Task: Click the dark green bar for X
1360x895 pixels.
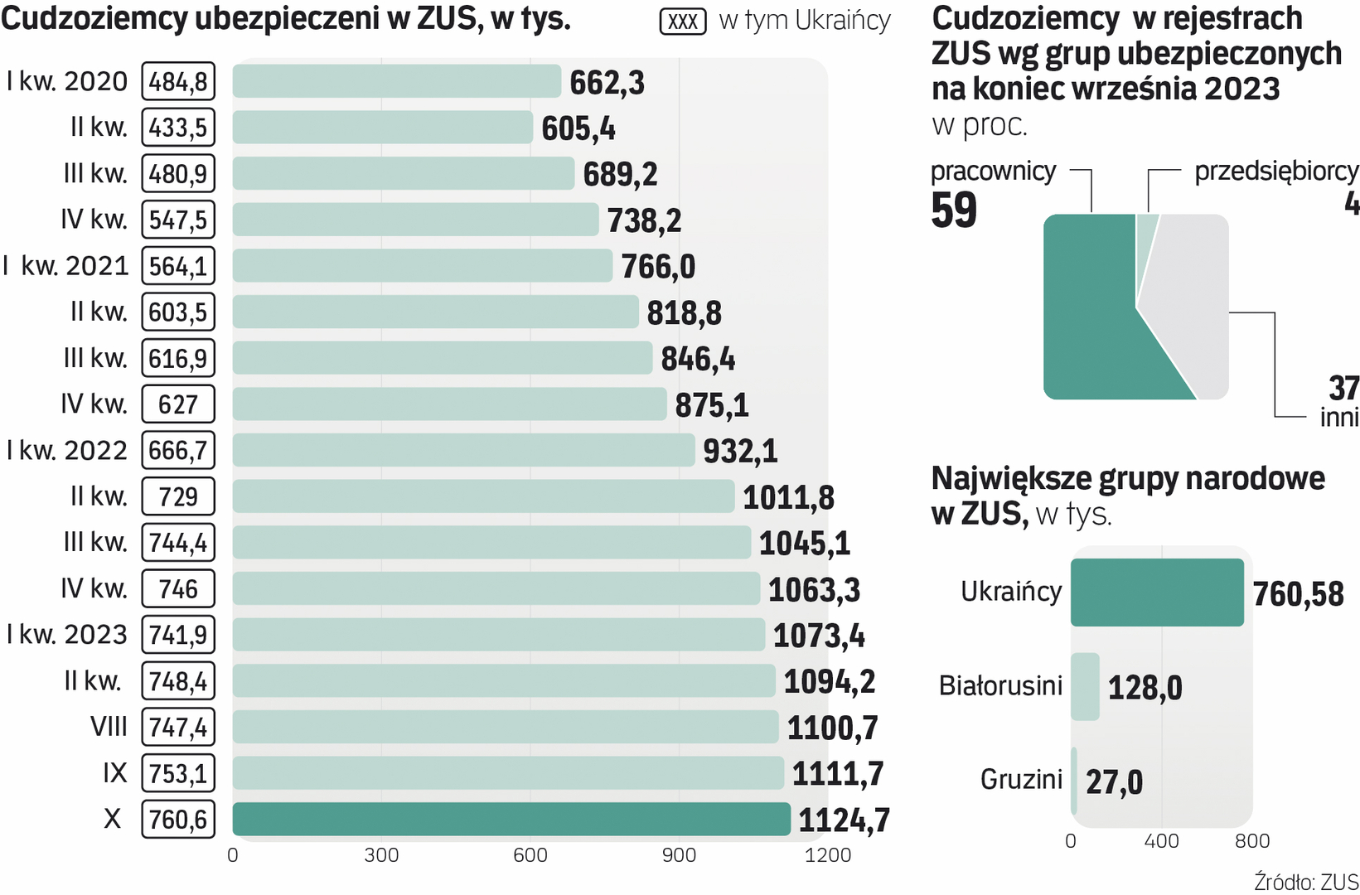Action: [511, 819]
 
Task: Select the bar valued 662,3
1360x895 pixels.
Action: [396, 81]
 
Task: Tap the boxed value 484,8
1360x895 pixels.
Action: [178, 82]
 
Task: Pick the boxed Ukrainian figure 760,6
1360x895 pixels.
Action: [178, 820]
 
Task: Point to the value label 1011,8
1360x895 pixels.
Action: [788, 497]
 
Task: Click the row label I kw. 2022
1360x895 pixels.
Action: [67, 450]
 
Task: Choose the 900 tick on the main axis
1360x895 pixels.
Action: [679, 855]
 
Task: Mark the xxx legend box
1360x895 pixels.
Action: [683, 22]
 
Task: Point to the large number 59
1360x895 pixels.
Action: [954, 210]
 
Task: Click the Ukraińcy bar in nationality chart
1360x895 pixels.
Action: [1157, 592]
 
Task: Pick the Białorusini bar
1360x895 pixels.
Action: [1085, 686]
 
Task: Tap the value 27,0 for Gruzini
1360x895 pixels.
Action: [1114, 781]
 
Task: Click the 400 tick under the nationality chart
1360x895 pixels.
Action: [1161, 841]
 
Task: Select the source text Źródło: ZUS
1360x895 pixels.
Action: [1305, 882]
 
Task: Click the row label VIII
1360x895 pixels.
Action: [109, 727]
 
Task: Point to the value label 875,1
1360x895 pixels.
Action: [712, 405]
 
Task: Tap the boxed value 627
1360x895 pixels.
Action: [178, 404]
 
